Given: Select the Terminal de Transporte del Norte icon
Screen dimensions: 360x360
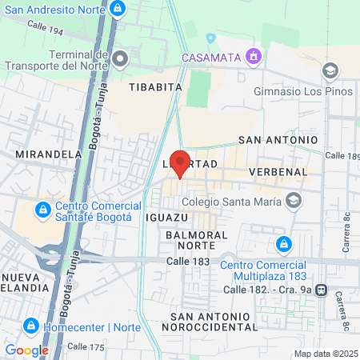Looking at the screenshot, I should pyautogui.click(x=120, y=58).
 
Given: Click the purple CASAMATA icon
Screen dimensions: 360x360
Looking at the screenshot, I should pyautogui.click(x=254, y=56).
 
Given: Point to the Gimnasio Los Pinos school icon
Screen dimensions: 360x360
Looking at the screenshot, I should pyautogui.click(x=330, y=71).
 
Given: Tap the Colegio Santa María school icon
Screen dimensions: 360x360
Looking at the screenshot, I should pyautogui.click(x=294, y=201).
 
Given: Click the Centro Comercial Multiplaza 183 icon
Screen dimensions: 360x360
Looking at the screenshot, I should pyautogui.click(x=282, y=243).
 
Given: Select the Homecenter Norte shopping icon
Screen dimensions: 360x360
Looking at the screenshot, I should pyautogui.click(x=30, y=326).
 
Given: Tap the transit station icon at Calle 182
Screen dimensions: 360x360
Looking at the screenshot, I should pyautogui.click(x=322, y=289).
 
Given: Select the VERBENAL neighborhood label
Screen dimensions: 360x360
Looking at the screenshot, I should pyautogui.click(x=278, y=172).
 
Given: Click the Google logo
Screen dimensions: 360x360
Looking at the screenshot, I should pyautogui.click(x=26, y=350).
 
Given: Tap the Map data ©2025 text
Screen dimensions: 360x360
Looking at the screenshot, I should pyautogui.click(x=325, y=354).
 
